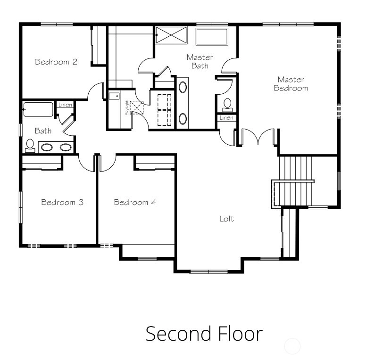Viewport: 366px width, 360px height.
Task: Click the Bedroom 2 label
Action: tap(56, 62)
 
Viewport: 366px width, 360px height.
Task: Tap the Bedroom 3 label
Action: tap(62, 202)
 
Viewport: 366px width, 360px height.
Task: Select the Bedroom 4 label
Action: tap(135, 202)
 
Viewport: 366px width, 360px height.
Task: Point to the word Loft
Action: tap(227, 219)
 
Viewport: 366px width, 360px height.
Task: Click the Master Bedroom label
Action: tap(291, 84)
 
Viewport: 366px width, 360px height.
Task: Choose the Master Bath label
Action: tap(200, 62)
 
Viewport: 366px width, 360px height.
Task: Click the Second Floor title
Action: tap(204, 334)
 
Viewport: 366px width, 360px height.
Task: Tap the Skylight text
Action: tap(127, 108)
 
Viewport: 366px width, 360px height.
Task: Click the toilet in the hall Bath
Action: tap(30, 146)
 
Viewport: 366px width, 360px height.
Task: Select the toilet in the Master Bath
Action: tap(227, 105)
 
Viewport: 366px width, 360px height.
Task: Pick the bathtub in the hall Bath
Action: tap(38, 109)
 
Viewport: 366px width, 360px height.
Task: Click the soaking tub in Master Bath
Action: tap(212, 36)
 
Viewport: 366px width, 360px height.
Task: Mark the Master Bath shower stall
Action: tap(171, 35)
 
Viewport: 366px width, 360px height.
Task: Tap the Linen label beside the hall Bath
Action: tap(65, 105)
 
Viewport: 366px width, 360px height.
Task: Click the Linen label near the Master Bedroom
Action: tap(226, 118)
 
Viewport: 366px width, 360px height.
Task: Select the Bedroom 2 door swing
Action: tap(96, 91)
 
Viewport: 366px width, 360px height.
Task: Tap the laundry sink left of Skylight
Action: tap(114, 96)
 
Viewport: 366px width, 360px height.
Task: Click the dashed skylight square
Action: tap(137, 107)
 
